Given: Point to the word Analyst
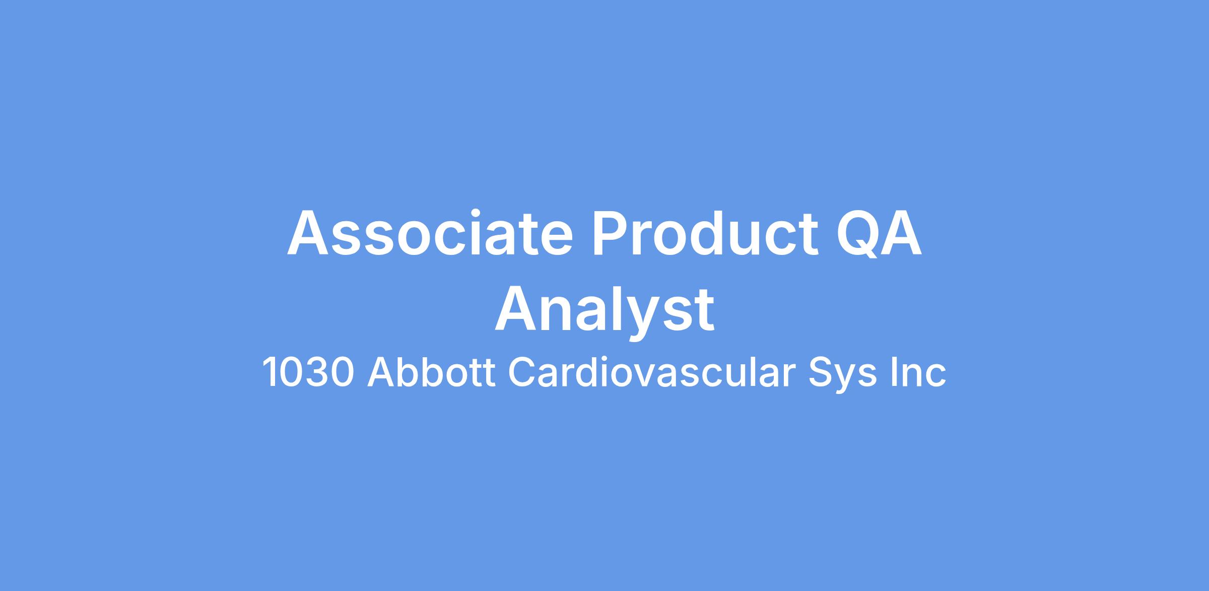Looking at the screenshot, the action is (x=604, y=310).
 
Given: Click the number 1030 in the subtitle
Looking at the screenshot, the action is (x=308, y=373).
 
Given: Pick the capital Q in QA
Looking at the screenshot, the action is (x=857, y=234).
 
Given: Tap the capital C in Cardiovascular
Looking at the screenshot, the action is (x=522, y=373).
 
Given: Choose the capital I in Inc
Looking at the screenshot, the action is (x=893, y=373).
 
